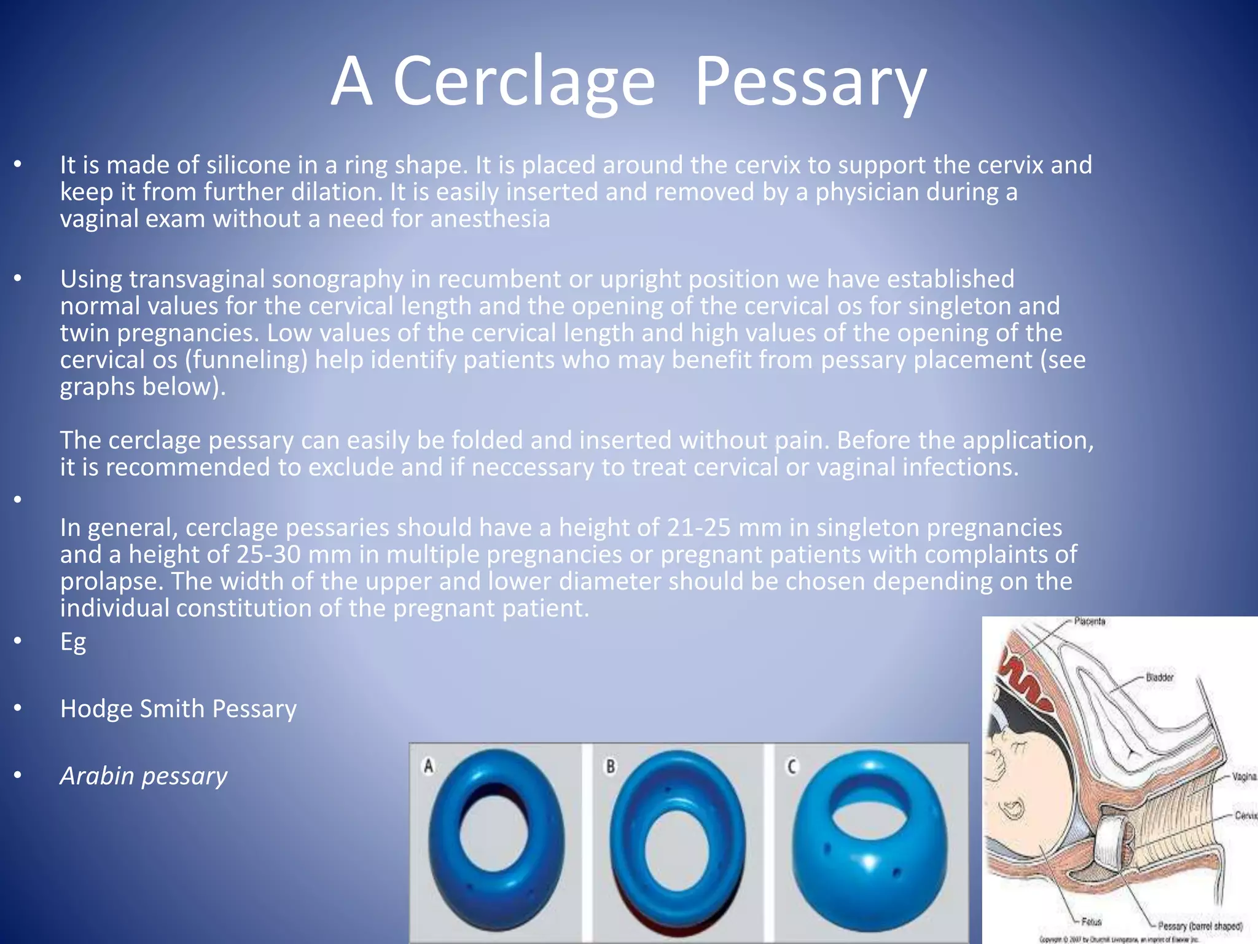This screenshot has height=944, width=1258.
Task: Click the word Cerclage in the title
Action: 523,82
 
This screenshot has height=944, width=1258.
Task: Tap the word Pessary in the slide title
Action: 810,82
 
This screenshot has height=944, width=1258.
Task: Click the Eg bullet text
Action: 73,642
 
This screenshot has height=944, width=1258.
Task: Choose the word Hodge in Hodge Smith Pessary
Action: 96,709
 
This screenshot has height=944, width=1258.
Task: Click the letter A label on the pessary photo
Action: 429,766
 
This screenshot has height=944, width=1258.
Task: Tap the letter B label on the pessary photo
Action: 611,766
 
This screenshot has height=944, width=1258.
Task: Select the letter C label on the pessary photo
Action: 792,766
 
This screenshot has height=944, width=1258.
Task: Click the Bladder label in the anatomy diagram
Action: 1160,677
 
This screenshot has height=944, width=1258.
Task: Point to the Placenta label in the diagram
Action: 1090,621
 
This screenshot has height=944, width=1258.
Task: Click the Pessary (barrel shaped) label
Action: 1200,926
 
